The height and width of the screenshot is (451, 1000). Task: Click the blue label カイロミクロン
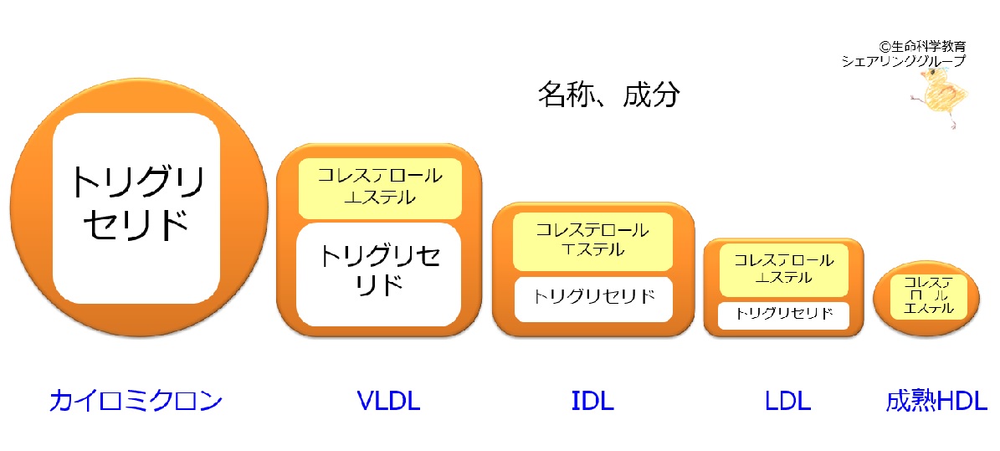[x=136, y=402]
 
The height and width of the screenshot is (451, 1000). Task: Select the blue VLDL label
[x=388, y=402]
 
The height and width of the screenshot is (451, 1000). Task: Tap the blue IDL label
[x=592, y=402]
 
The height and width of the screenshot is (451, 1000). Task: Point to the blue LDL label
[x=787, y=402]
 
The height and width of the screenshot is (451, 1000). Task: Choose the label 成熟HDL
[x=936, y=402]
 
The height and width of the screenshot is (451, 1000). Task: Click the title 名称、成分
[x=609, y=95]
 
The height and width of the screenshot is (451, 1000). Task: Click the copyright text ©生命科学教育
[x=922, y=47]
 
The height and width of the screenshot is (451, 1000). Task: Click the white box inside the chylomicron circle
[x=136, y=208]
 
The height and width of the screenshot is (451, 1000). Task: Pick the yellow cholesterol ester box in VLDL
[x=379, y=188]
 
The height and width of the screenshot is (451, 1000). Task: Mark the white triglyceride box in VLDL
[x=379, y=274]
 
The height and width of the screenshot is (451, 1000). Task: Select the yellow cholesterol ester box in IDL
[x=593, y=241]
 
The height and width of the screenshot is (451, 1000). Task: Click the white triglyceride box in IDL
[x=594, y=299]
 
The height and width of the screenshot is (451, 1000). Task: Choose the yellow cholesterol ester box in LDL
[x=783, y=270]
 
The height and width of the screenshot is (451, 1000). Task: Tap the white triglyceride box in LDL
[x=784, y=315]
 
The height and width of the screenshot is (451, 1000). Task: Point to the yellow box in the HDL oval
[x=929, y=295]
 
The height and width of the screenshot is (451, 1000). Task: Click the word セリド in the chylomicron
[x=136, y=224]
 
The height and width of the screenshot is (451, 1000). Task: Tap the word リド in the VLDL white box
[x=379, y=284]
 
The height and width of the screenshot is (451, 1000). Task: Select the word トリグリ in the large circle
[x=137, y=182]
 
